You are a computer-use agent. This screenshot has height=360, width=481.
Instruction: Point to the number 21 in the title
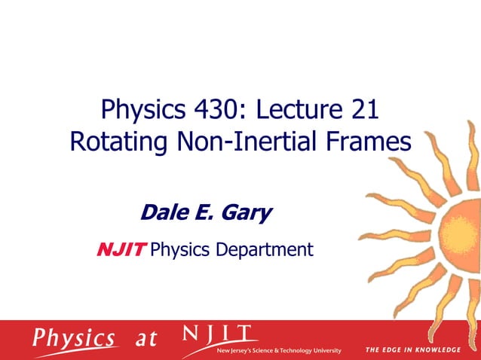pyautogui.click(x=364, y=111)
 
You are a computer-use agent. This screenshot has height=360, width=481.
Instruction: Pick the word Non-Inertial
pyautogui.click(x=253, y=142)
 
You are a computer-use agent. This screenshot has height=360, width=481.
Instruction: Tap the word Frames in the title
pyautogui.click(x=374, y=142)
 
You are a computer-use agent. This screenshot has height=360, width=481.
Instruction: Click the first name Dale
pyautogui.click(x=161, y=213)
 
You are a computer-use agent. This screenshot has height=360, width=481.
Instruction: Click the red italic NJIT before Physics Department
pyautogui.click(x=121, y=249)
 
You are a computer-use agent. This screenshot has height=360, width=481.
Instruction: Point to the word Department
pyautogui.click(x=265, y=249)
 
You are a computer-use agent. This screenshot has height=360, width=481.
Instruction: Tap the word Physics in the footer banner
pyautogui.click(x=74, y=338)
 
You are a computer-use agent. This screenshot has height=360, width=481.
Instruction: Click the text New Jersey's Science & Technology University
pyautogui.click(x=278, y=351)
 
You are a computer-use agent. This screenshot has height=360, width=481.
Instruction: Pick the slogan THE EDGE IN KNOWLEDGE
pyautogui.click(x=412, y=350)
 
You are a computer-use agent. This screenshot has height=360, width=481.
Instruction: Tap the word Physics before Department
pyautogui.click(x=182, y=249)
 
